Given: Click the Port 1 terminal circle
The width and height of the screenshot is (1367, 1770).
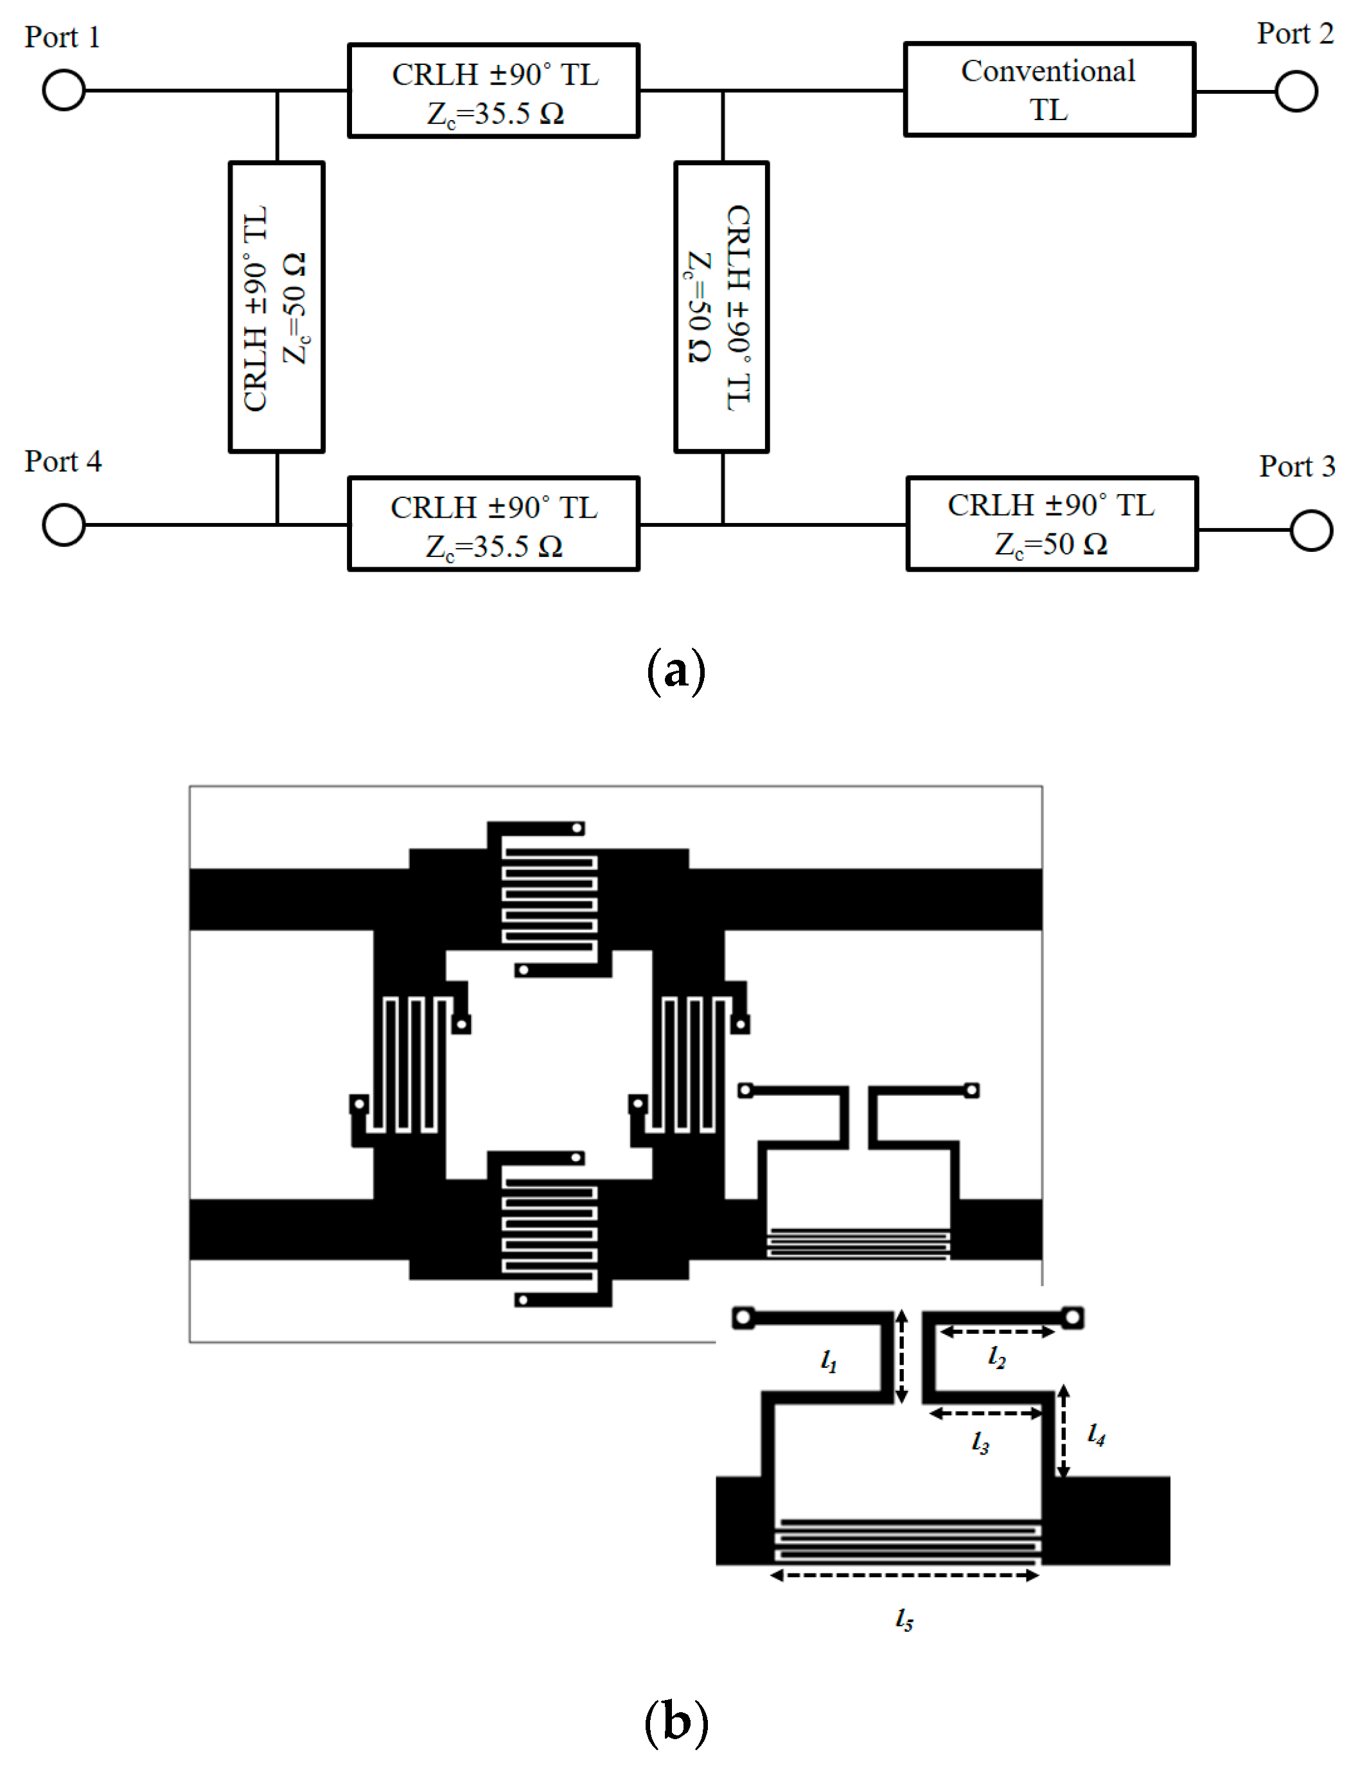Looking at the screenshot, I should point(64,90).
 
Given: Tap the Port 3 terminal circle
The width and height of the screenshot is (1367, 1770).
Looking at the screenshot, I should point(1311,530).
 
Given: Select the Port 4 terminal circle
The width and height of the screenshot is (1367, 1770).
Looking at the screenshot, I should point(64,524).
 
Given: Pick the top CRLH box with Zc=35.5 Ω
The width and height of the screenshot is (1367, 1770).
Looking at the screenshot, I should point(493,91).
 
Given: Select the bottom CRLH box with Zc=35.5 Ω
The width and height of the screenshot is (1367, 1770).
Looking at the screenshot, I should point(493,524).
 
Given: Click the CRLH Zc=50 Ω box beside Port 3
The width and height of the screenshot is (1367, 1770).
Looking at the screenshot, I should point(1052,524).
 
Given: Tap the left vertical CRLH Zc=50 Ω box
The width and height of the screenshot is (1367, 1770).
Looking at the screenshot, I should point(276,307).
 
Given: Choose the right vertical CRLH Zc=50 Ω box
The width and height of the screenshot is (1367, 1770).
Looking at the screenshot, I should point(721,307).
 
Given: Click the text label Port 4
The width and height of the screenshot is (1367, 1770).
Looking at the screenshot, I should point(63,461).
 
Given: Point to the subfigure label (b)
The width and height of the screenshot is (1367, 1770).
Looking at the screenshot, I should point(676,1721).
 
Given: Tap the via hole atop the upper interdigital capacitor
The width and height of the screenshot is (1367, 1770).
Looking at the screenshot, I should point(577,828).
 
